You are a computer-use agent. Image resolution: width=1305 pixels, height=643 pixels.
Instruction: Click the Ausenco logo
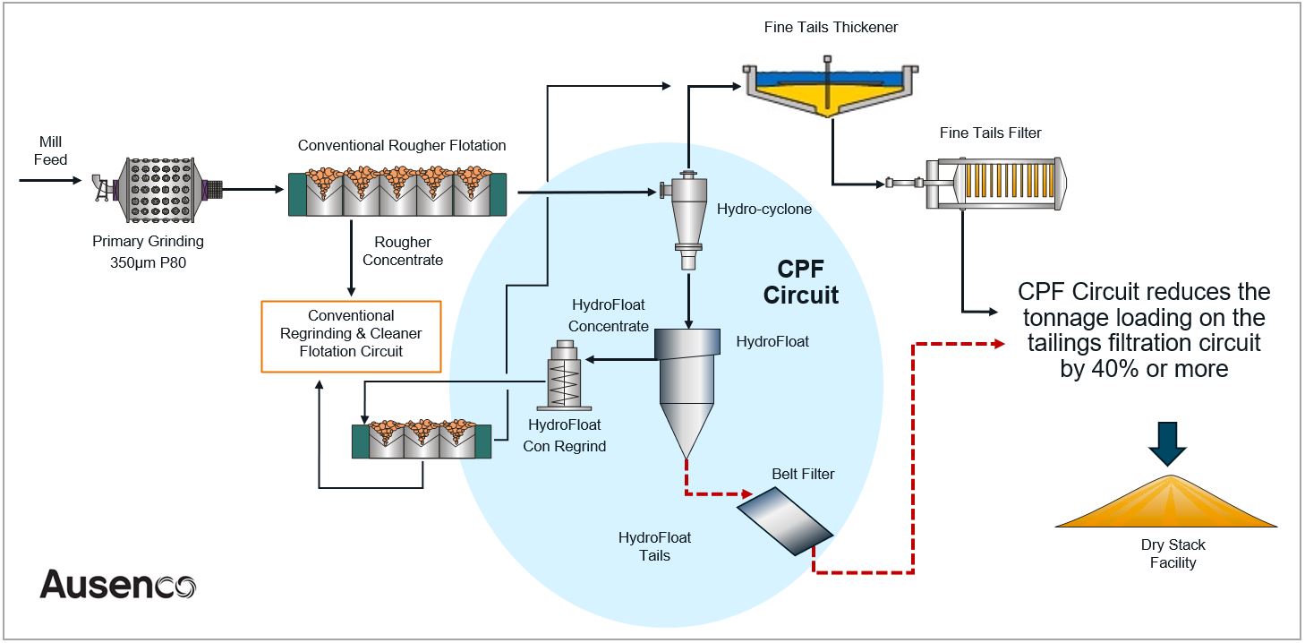[117, 585]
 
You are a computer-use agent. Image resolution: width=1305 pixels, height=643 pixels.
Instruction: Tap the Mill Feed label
[51, 150]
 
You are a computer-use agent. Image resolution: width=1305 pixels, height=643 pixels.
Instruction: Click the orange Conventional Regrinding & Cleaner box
[351, 335]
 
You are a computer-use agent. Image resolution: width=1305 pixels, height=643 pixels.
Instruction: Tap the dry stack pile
[1167, 505]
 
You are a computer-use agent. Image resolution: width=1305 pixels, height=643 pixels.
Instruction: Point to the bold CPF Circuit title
[801, 282]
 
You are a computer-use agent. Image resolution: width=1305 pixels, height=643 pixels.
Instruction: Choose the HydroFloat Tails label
[654, 546]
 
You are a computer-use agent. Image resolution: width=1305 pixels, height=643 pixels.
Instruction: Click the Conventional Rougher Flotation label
[402, 145]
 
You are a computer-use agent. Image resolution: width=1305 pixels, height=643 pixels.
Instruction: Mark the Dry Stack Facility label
[1173, 553]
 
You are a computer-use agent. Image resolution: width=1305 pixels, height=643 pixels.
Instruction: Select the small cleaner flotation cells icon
[421, 438]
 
